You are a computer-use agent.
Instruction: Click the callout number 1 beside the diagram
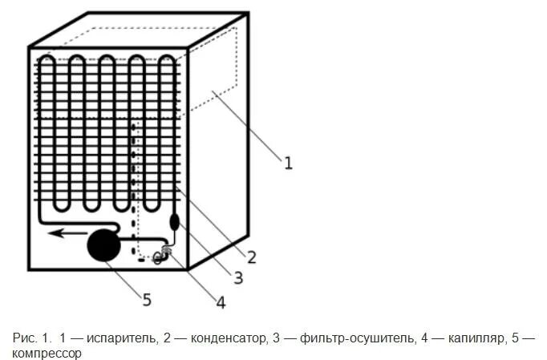pos(288,163)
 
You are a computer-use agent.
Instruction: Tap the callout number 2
pos(251,257)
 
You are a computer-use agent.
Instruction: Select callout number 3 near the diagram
pos(237,277)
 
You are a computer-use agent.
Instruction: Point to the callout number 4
pos(220,302)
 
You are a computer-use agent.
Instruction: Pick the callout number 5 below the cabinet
pos(146,300)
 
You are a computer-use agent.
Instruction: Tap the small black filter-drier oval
pos(175,220)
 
